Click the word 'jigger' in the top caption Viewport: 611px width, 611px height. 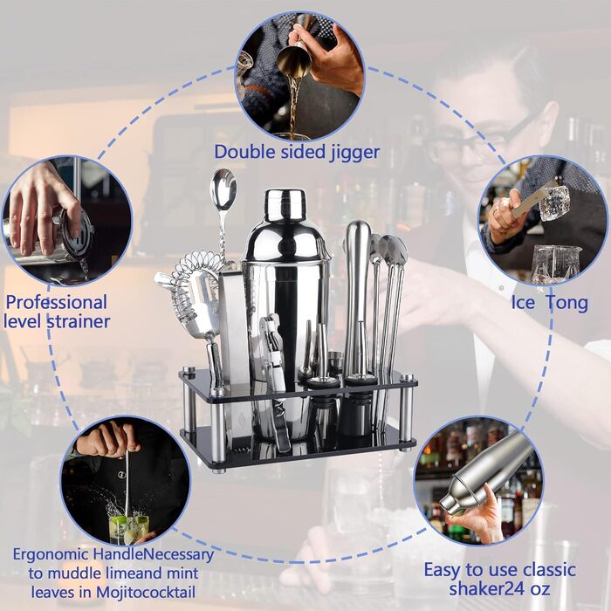(354, 153)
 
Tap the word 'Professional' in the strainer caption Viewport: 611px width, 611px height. (57, 302)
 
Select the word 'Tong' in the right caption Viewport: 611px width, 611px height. (568, 303)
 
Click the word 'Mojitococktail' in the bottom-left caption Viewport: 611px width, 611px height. (146, 593)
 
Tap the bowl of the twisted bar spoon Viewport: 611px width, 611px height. (223, 188)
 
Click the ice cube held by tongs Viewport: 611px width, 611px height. (553, 203)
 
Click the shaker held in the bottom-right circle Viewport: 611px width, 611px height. (486, 472)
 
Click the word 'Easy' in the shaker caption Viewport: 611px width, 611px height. (443, 570)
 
